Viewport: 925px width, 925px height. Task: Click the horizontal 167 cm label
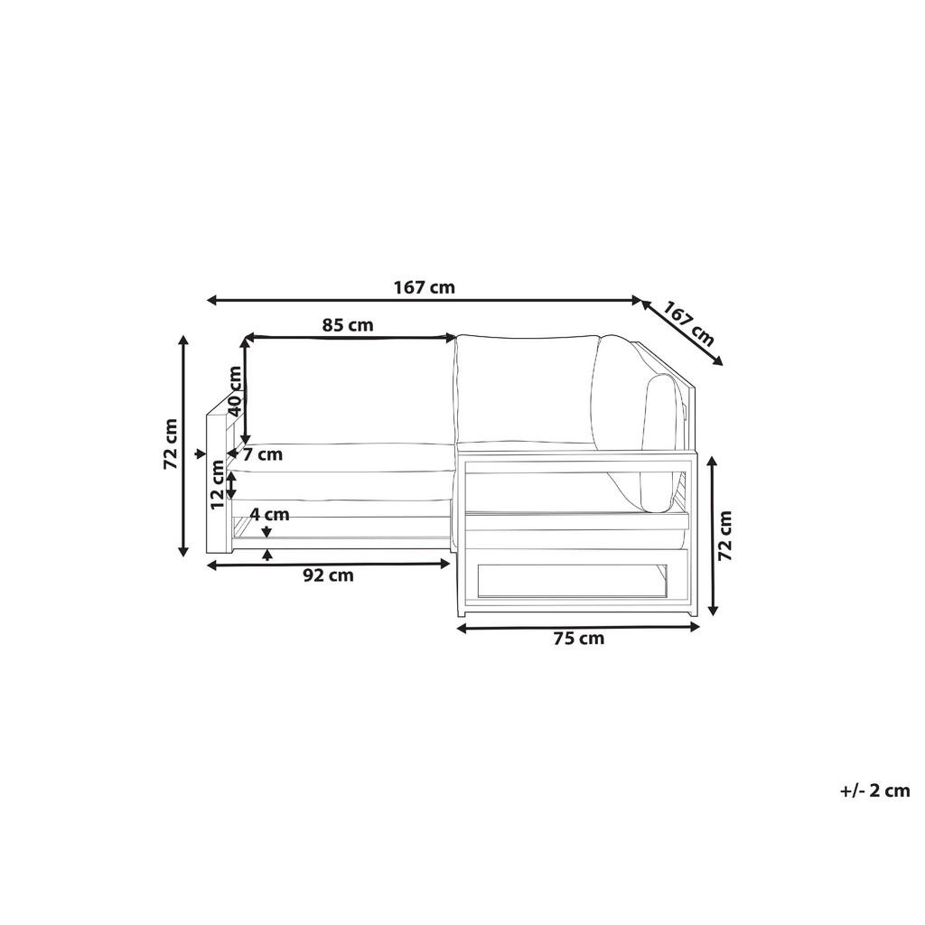pyautogui.click(x=424, y=288)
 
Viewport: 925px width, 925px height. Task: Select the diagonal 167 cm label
pyautogui.click(x=689, y=324)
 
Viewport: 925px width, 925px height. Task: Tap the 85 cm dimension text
pyautogui.click(x=348, y=325)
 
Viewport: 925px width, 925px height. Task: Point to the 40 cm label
pyautogui.click(x=235, y=389)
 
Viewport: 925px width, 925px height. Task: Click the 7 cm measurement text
pyautogui.click(x=262, y=454)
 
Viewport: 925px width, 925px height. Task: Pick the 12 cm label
pyautogui.click(x=218, y=484)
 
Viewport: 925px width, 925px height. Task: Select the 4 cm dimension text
pyautogui.click(x=270, y=514)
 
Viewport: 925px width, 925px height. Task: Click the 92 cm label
pyautogui.click(x=328, y=575)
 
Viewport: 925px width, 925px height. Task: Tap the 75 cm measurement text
pyautogui.click(x=578, y=639)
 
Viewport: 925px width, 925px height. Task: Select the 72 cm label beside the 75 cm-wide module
pyautogui.click(x=724, y=537)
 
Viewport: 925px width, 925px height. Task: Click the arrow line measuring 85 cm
pyautogui.click(x=350, y=338)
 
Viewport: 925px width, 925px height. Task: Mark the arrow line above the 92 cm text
pyautogui.click(x=328, y=564)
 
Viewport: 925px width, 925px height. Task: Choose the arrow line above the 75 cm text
pyautogui.click(x=578, y=626)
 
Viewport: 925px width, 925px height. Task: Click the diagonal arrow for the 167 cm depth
pyautogui.click(x=682, y=332)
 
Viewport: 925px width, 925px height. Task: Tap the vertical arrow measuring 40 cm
pyautogui.click(x=245, y=393)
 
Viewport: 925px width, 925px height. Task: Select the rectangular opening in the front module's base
pyautogui.click(x=572, y=581)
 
